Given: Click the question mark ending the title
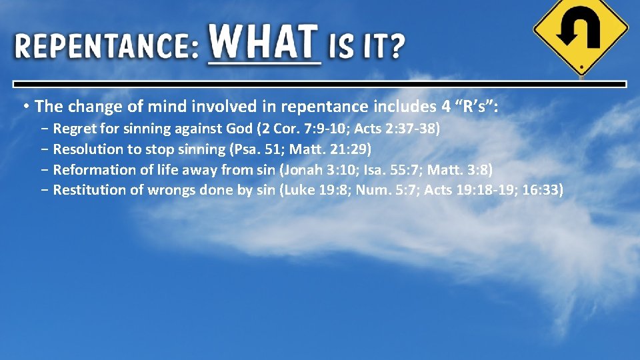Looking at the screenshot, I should pyautogui.click(x=396, y=47).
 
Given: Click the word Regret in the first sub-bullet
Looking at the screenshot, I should pyautogui.click(x=73, y=129).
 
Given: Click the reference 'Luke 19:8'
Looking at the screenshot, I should pyautogui.click(x=317, y=190).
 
